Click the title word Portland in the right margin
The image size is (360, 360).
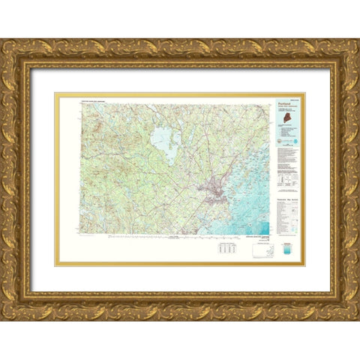(x=283, y=107)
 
